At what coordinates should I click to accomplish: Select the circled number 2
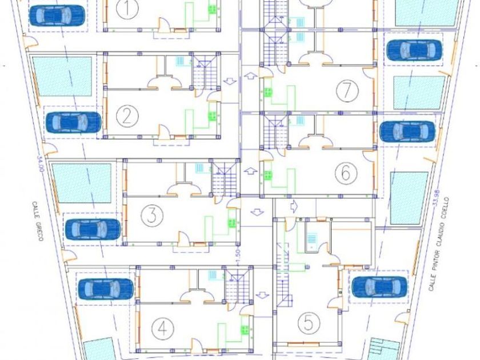(127, 117)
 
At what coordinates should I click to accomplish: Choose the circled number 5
(308, 324)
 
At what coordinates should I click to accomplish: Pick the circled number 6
(346, 173)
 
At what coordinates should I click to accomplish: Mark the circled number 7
(346, 90)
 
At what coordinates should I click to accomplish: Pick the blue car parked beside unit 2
(73, 121)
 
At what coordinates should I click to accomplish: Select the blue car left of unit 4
(106, 289)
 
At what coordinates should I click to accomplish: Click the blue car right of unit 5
(379, 286)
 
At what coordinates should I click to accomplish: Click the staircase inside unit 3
(224, 178)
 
